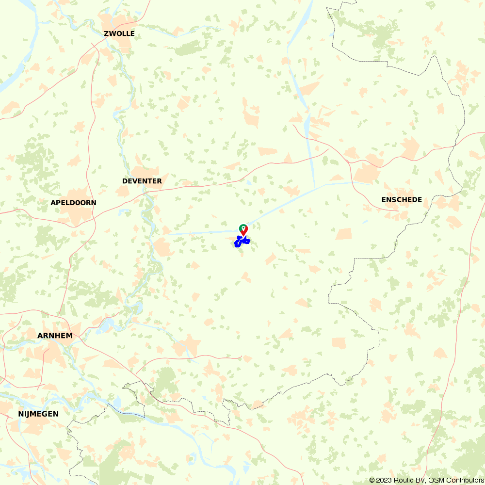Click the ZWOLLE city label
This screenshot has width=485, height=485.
point(119,33)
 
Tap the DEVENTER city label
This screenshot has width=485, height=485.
point(142,181)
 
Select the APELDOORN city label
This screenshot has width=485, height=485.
point(73,203)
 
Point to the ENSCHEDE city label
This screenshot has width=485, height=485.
point(402,200)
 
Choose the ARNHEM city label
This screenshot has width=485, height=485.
point(55,336)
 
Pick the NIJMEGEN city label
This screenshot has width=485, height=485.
point(38,414)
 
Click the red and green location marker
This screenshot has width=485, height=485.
point(243,229)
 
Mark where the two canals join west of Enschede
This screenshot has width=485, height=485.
point(315,187)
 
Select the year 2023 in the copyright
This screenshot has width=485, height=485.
point(385,480)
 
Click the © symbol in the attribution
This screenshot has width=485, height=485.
point(372,480)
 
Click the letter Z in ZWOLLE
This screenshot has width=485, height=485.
point(106,33)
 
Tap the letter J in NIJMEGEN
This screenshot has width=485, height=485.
point(29,414)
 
